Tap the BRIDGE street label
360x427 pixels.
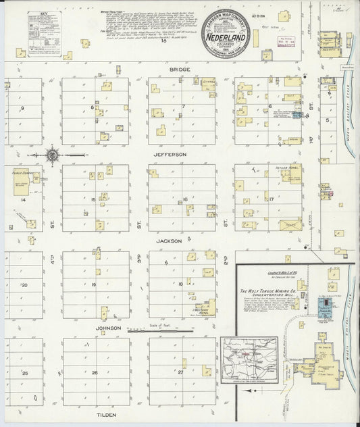coord(180,70)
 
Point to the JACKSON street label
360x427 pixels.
coord(168,240)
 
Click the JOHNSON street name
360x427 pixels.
coord(108,328)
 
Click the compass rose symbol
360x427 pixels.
coord(53,155)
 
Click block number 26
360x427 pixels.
coord(95,372)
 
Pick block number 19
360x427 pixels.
coord(94,284)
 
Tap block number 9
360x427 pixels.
coord(22,108)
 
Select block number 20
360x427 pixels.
coord(24,284)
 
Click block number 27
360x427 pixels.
coord(181,372)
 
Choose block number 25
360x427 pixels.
coord(24,372)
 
